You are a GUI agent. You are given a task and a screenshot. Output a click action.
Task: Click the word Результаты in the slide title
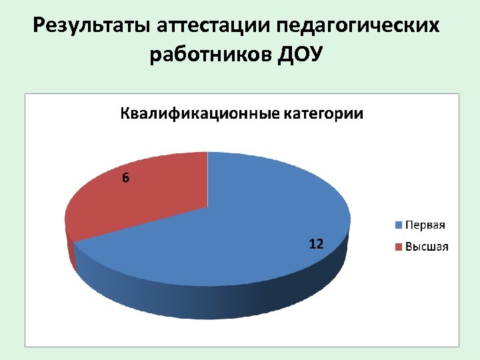[93, 27]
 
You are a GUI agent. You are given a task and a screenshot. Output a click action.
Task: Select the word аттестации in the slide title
[214, 27]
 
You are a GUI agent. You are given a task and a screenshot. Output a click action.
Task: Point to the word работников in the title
[209, 55]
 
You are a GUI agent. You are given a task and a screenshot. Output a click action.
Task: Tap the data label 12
[316, 245]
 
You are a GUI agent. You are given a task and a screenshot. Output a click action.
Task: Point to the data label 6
[125, 178]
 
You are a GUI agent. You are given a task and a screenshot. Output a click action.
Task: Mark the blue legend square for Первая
[399, 225]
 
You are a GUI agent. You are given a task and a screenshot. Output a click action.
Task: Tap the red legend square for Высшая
[399, 247]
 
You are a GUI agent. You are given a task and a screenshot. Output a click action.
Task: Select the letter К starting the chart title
[125, 114]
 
